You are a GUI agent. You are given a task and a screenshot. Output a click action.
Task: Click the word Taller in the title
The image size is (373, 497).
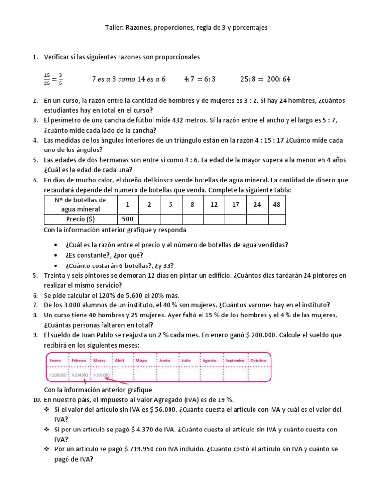114,28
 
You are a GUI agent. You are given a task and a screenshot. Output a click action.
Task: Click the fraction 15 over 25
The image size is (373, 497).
47,79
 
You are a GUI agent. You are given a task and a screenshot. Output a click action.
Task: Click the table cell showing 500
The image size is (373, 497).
127,219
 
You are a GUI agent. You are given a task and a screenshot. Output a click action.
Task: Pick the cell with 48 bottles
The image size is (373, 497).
276,204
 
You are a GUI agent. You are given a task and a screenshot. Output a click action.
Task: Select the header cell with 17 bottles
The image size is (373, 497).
236,204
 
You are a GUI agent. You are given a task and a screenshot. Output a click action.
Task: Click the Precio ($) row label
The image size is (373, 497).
81,219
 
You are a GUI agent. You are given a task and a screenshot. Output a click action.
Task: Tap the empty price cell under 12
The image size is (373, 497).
214,219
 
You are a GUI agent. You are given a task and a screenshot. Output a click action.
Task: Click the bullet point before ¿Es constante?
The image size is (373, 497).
58,255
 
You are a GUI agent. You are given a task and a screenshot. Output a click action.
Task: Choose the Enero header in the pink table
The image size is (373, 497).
56,361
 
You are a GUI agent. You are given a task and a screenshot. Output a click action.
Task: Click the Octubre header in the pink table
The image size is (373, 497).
259,361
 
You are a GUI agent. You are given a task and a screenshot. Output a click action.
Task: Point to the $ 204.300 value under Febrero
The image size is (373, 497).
80,375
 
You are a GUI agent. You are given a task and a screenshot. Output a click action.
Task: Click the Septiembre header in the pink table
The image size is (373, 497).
235,361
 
